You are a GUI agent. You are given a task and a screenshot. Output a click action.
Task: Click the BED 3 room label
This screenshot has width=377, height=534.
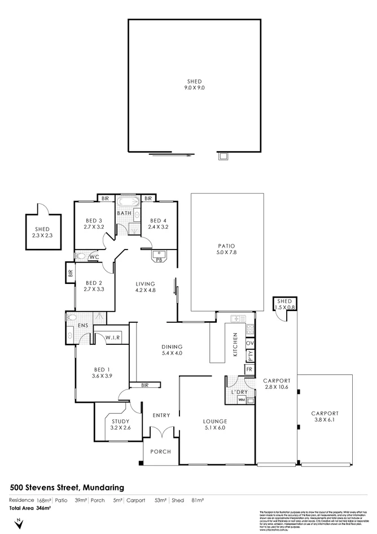[94, 224]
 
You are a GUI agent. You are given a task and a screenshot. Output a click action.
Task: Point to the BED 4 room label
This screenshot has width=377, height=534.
[158, 224]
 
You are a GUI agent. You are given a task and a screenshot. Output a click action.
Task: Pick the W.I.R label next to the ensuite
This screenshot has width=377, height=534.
[111, 338]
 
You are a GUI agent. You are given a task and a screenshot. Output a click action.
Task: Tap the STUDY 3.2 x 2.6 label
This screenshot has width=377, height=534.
[121, 424]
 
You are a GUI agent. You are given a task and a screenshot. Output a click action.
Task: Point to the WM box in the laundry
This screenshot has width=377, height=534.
[242, 400]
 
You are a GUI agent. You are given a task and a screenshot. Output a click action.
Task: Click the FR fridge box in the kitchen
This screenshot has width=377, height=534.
[249, 369]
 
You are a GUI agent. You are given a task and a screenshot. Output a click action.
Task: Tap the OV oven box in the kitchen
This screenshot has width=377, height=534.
[249, 343]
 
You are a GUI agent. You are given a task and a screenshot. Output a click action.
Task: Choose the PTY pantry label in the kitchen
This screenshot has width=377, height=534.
[249, 356]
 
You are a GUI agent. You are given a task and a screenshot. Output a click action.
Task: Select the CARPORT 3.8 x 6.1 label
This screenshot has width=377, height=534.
[325, 416]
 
